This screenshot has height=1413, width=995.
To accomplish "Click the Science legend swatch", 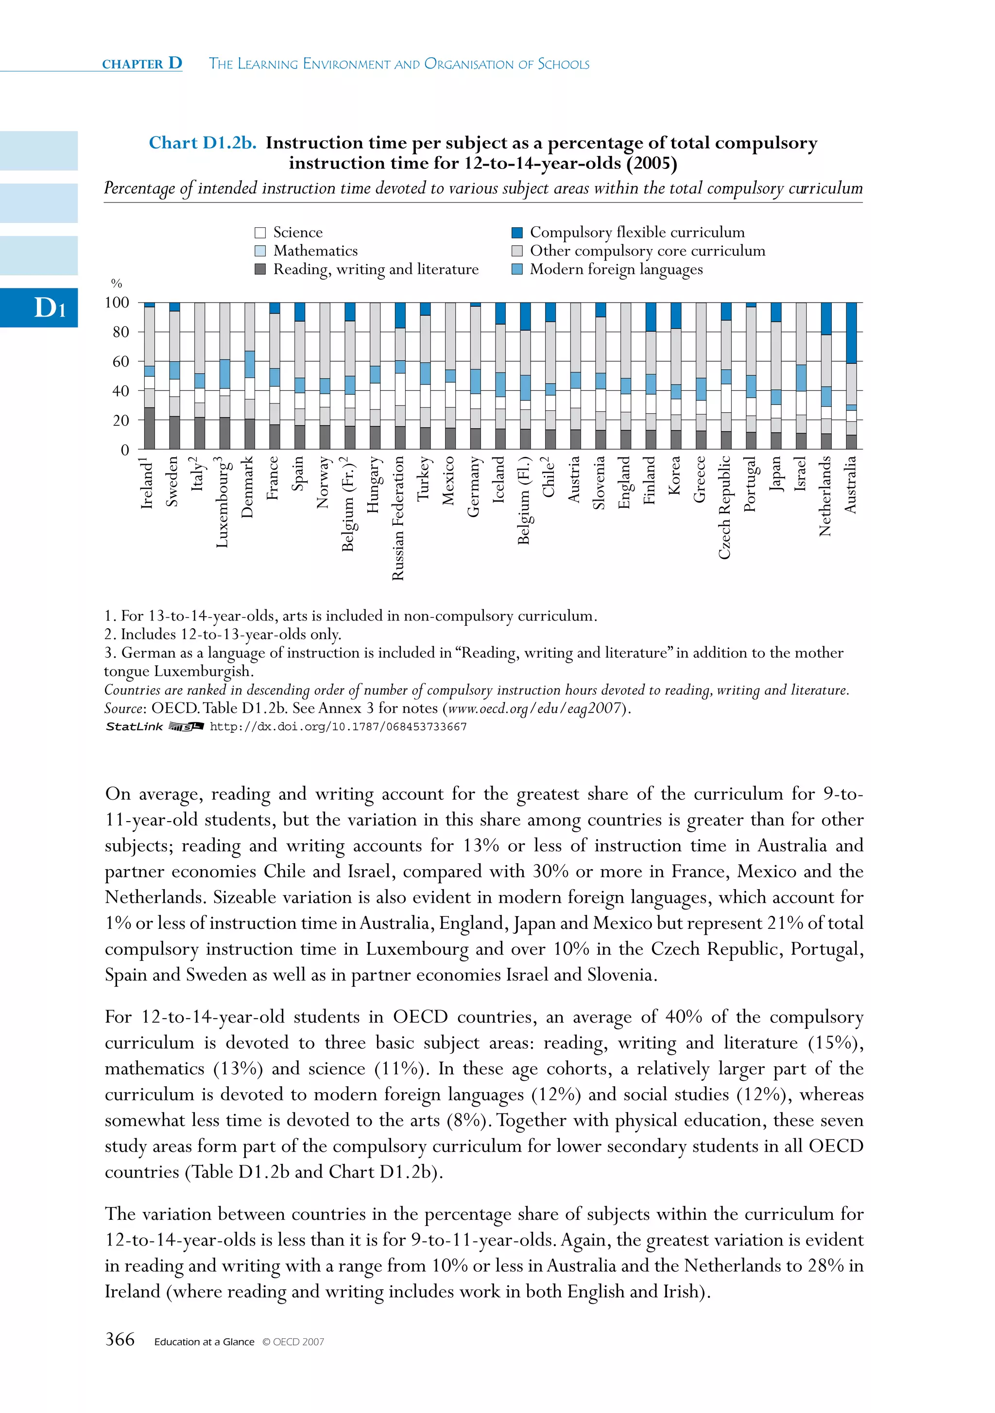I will [260, 233].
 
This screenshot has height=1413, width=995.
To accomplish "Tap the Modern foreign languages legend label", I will [616, 269].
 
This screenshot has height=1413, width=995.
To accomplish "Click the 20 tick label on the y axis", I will [120, 421].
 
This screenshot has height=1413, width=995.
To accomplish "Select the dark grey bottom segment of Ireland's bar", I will [149, 428].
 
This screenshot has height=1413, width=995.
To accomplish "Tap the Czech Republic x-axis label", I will [725, 508].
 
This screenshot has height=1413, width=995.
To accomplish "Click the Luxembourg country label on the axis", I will [223, 502].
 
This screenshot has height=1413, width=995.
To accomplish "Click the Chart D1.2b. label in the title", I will [203, 143].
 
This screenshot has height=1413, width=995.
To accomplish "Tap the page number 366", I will [120, 1339].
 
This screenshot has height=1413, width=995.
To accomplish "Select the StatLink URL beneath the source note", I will [338, 727].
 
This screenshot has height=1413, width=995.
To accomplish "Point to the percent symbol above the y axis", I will [117, 284].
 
